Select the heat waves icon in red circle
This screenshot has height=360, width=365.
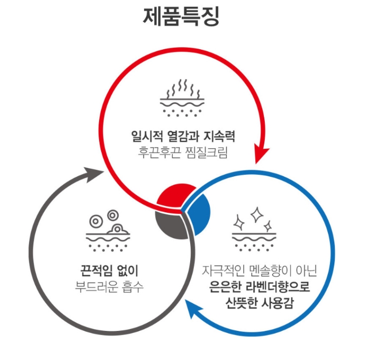click(x=182, y=98)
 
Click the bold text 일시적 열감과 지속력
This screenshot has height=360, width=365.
click(x=182, y=136)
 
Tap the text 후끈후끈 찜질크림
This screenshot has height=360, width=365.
click(x=182, y=151)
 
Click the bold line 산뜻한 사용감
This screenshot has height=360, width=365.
click(x=259, y=303)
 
